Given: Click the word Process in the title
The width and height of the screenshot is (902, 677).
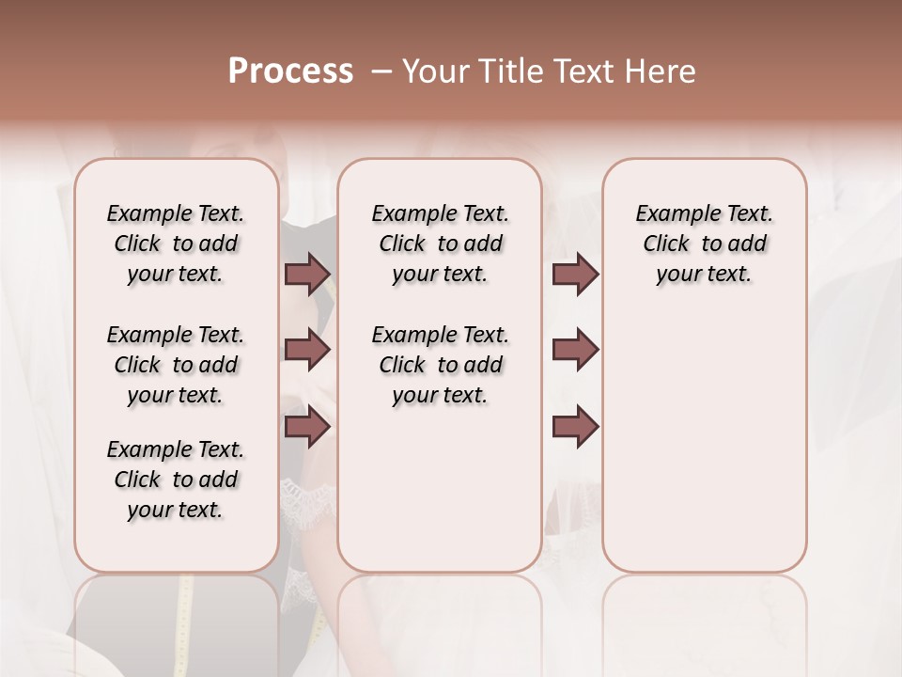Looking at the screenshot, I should point(290,71).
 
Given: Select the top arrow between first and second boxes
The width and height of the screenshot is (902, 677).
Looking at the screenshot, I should point(307,275).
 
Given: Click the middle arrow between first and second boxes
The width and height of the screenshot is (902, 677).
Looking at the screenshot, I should point(307,350).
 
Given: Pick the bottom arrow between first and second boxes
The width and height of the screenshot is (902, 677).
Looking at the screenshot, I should point(307,426).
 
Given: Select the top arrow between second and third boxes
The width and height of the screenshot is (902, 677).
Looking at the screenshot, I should point(575,275).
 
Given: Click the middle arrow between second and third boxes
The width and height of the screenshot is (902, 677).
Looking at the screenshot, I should point(575,350).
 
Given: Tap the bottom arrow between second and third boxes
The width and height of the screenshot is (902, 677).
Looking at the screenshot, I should point(575,426).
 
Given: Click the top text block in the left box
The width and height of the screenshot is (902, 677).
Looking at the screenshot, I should point(176,244).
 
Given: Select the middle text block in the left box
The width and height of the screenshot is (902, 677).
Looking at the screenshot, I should point(176,365).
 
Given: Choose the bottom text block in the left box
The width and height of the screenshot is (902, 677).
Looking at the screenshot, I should point(176,480).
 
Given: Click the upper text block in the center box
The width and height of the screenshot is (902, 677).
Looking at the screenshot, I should point(440,244).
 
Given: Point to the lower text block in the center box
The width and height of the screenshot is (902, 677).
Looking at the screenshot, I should point(440,365).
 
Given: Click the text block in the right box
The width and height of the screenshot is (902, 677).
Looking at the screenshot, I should point(705,244).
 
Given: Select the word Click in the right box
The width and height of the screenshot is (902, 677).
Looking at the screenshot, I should point(667,244).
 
